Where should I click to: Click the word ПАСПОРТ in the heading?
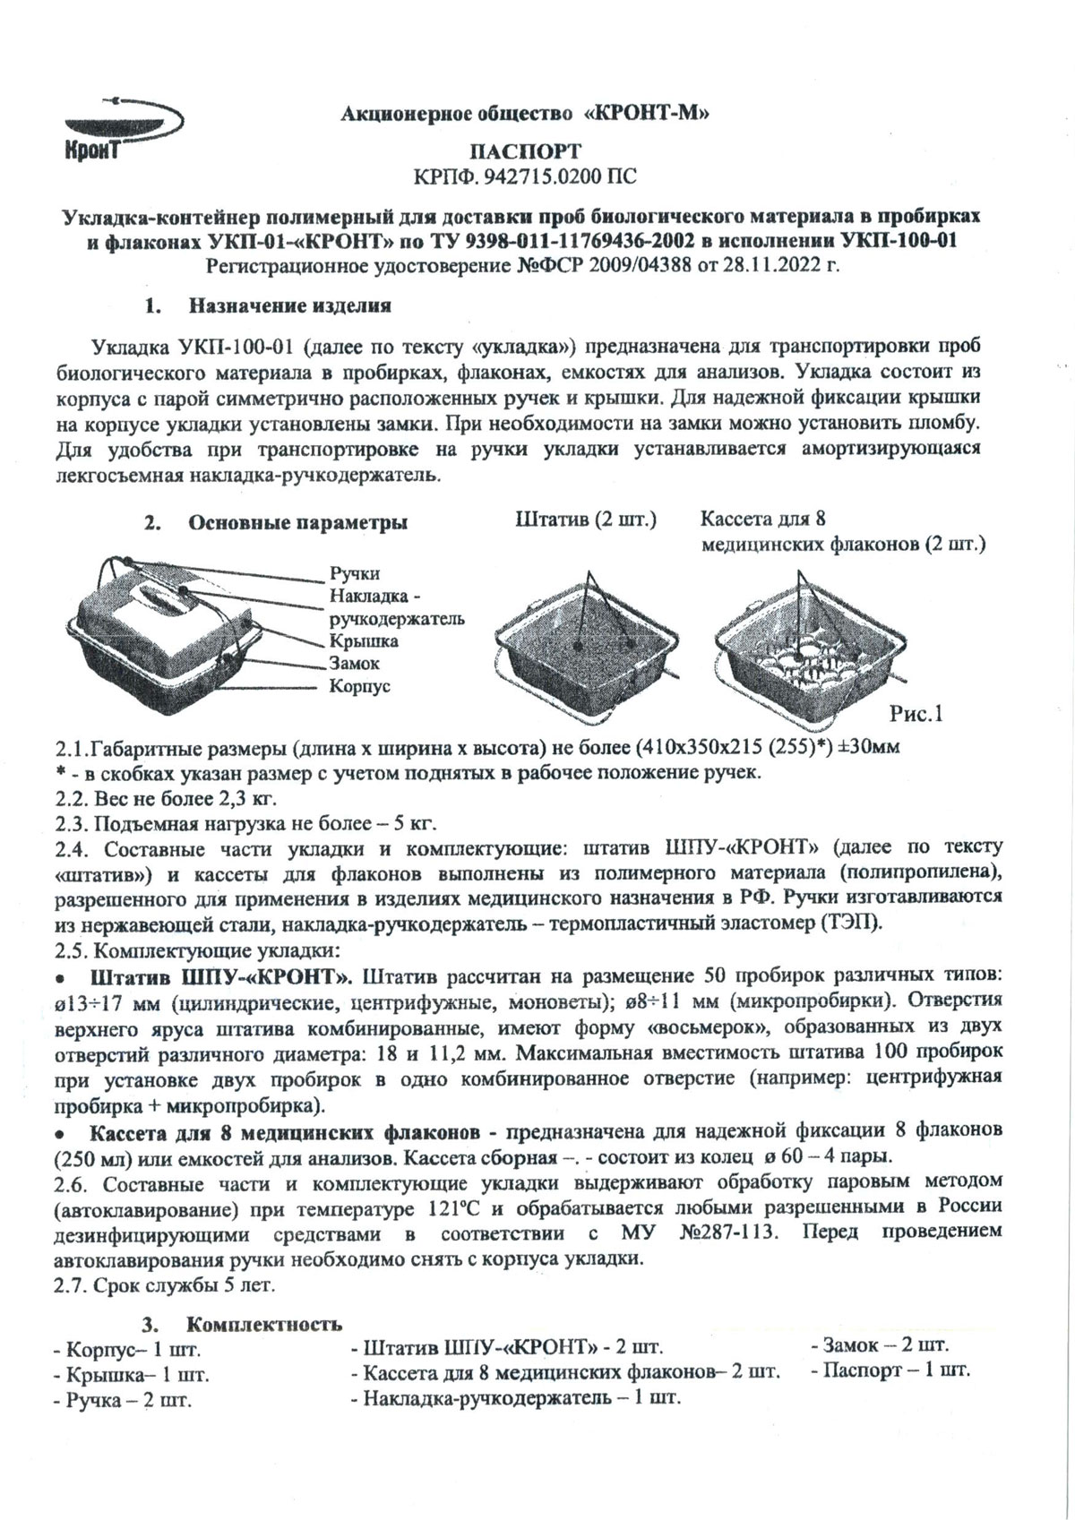526,150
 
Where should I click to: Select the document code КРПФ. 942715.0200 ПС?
526,176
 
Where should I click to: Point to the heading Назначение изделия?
289,306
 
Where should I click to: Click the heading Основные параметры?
297,523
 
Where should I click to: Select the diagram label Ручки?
355,573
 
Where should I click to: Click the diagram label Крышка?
364,641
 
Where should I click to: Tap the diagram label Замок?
355,664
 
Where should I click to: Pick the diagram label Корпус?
359,687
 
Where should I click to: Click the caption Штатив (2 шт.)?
586,520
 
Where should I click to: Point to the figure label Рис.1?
916,714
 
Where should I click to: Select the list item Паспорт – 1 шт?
890,1370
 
